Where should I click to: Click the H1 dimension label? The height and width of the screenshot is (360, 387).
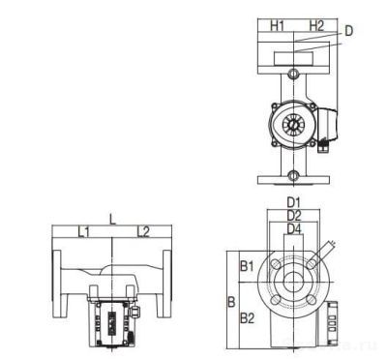click(x=277, y=24)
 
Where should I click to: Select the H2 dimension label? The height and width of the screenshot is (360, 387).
click(x=315, y=24)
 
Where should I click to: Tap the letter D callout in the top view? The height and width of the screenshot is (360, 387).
click(x=348, y=31)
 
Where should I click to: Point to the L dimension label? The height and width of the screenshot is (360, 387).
click(x=112, y=220)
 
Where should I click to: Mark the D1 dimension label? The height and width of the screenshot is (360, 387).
click(x=294, y=202)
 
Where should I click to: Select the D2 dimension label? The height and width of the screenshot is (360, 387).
click(x=294, y=215)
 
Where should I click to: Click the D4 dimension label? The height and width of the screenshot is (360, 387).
click(x=294, y=228)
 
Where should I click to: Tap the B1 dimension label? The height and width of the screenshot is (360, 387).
click(x=247, y=264)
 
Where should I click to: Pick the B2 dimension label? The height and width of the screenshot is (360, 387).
click(x=247, y=316)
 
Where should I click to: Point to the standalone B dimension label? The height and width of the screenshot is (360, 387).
click(x=231, y=301)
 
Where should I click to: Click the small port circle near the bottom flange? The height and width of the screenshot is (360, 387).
click(x=293, y=176)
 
